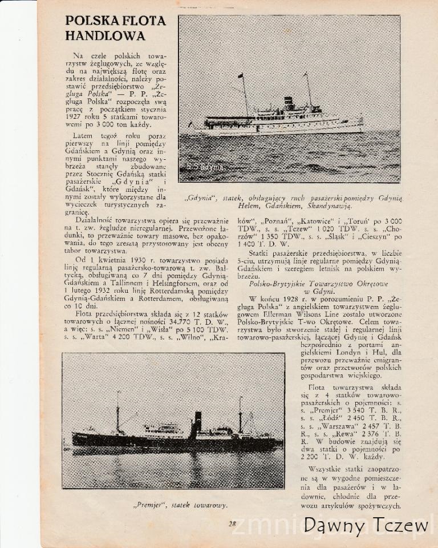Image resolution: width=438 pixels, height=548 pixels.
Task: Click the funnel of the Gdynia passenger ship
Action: [x=289, y=103]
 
